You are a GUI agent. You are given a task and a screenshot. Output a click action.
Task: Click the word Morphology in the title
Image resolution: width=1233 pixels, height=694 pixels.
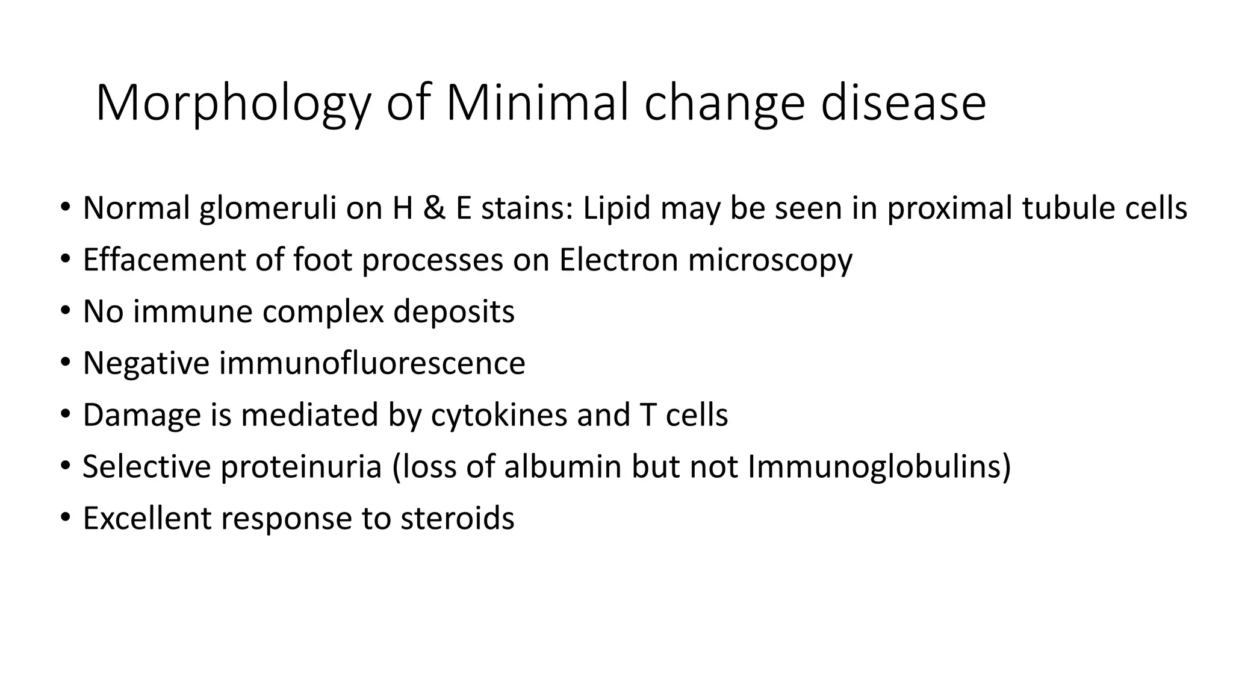coord(232,104)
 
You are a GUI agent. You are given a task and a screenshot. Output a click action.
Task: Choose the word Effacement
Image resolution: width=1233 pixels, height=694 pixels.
coord(164,260)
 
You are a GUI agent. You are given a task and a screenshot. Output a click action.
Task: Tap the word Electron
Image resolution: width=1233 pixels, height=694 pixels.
coord(618,260)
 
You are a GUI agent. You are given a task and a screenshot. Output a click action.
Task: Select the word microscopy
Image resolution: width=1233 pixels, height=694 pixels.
coord(770,261)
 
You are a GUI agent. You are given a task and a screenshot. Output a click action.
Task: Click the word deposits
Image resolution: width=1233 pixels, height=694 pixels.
coord(454,312)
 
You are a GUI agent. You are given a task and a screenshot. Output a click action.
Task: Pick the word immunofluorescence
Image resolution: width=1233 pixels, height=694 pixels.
coord(371,363)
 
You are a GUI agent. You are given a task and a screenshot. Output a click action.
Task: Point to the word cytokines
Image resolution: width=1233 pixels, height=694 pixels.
coord(499,415)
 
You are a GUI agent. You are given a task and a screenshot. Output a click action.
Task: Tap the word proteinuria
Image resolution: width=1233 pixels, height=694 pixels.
coord(301,467)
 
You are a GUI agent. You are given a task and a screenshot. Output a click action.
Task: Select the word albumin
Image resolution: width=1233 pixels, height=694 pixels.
coord(562,467)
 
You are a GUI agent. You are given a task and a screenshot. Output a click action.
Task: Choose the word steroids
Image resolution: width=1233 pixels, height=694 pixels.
coord(457,518)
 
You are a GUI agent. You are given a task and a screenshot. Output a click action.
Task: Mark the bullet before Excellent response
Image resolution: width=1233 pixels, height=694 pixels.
coord(65,518)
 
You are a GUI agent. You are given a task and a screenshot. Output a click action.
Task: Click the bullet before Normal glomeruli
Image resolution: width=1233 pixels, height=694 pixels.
coord(65,208)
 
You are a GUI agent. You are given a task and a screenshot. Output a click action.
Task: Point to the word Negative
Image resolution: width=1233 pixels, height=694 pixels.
coord(146,363)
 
